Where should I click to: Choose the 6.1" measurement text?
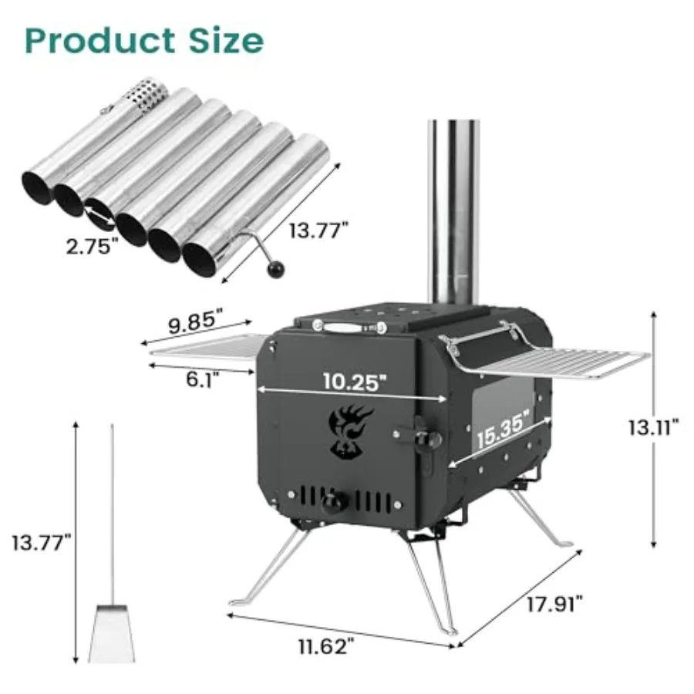[202, 377]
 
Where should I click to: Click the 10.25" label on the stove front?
[352, 381]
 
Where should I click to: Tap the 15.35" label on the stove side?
[503, 430]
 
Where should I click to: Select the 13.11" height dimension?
[652, 427]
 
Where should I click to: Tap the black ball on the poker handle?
[275, 269]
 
